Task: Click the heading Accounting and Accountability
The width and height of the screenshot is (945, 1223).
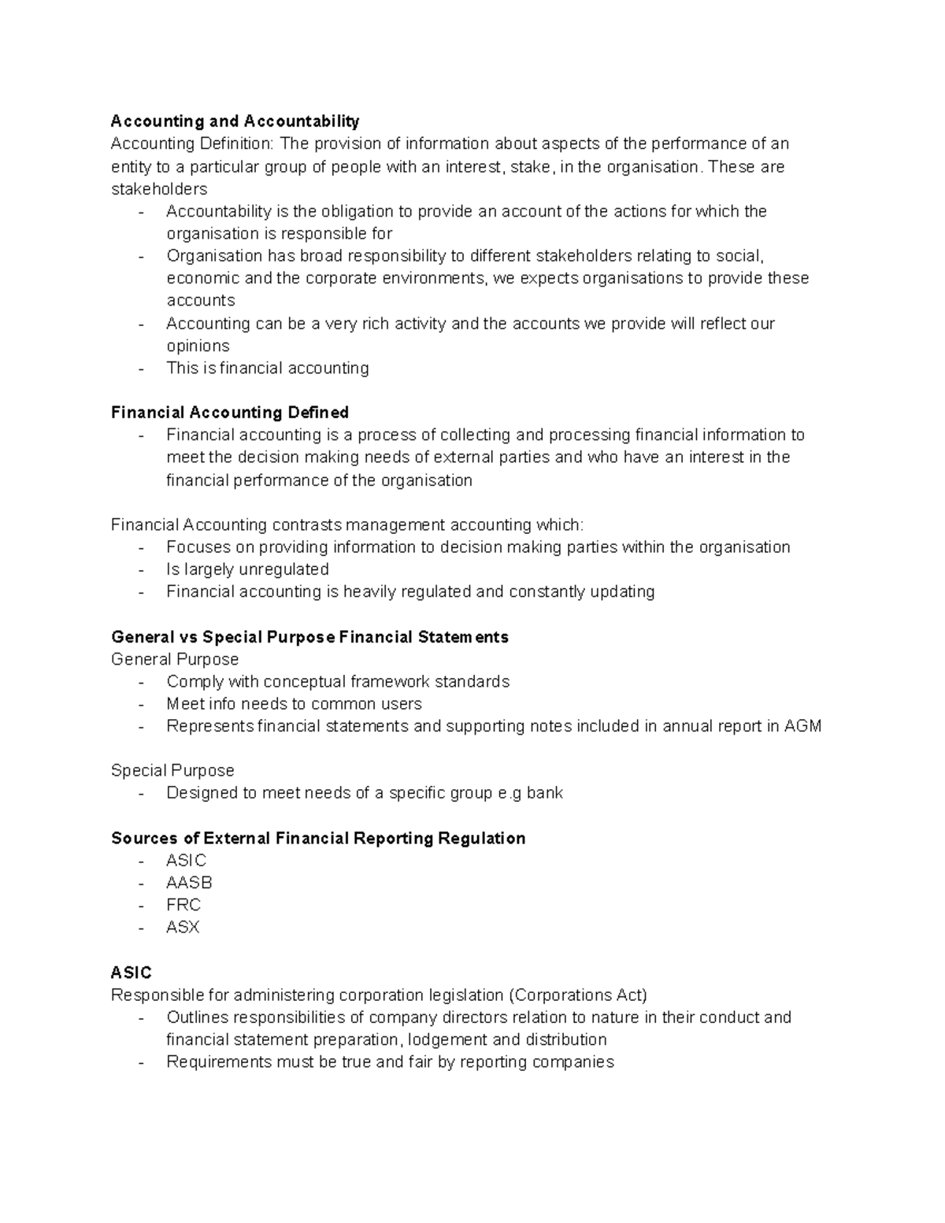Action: [235, 121]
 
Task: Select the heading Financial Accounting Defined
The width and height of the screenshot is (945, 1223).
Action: [230, 413]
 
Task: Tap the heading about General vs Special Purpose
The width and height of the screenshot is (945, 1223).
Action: [309, 637]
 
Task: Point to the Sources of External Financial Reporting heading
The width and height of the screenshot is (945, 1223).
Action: [318, 839]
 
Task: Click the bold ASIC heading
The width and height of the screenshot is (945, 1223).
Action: [131, 973]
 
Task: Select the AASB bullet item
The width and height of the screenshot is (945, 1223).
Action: [189, 883]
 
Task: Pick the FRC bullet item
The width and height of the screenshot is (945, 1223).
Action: [183, 905]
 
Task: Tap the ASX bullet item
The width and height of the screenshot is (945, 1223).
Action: [183, 928]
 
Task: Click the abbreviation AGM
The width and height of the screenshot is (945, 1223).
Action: [802, 727]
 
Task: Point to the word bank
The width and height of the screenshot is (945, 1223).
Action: [544, 793]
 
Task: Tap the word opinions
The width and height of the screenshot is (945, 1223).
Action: [198, 347]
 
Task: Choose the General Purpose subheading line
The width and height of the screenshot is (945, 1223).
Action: [175, 659]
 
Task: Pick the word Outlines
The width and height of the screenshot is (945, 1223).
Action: [197, 1017]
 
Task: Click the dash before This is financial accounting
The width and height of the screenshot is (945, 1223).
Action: [141, 369]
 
